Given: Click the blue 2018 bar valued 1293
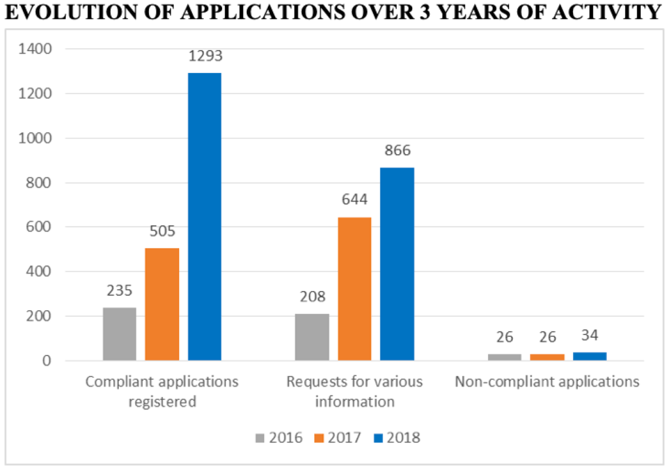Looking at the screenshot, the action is click(x=204, y=217).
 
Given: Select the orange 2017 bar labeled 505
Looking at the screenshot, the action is click(x=162, y=304).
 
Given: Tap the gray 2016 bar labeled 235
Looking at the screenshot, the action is click(x=120, y=334).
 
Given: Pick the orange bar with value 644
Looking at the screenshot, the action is click(x=355, y=289).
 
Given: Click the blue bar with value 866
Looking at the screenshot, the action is click(x=397, y=264).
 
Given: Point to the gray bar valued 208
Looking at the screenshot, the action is click(x=312, y=337).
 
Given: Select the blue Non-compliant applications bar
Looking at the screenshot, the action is click(x=590, y=356).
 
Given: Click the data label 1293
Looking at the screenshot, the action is click(x=205, y=56).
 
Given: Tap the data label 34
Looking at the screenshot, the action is click(x=590, y=336).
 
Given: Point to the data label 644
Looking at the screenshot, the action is click(x=355, y=199).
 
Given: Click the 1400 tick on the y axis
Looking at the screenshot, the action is click(x=35, y=48).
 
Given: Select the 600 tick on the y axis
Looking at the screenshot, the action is click(x=39, y=227).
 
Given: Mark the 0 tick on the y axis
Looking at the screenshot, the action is click(x=46, y=361).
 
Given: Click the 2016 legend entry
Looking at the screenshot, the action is click(x=279, y=437).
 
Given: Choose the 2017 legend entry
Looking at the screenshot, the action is click(x=338, y=437).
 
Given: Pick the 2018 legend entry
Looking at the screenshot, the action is click(x=397, y=437).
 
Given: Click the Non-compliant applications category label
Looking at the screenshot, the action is click(x=547, y=381).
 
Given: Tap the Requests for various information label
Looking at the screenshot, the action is click(x=355, y=392).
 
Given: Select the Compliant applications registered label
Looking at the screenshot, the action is click(x=162, y=392).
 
